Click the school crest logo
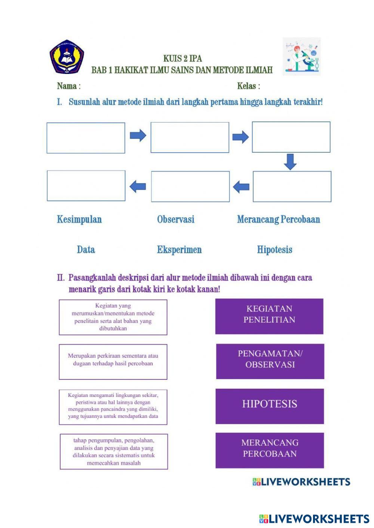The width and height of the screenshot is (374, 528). click(x=67, y=57)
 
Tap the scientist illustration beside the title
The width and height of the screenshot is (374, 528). click(x=301, y=56)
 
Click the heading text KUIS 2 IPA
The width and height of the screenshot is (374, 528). click(x=183, y=59)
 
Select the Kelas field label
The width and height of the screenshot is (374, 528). click(x=248, y=86)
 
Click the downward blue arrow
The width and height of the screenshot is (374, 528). click(x=290, y=161)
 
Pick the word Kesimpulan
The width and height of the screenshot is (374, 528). click(x=79, y=219)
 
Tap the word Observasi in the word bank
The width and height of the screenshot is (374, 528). click(x=176, y=219)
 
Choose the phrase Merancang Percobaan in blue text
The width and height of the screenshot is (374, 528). click(x=279, y=219)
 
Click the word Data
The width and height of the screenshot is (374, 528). click(x=86, y=249)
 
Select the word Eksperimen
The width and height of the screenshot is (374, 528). click(x=179, y=249)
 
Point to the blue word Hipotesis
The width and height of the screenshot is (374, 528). click(x=275, y=249)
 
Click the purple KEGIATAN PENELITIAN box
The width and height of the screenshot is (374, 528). click(x=269, y=316)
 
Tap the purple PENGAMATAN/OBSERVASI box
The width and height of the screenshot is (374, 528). click(x=270, y=361)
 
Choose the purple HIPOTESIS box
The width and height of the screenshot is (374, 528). click(x=270, y=406)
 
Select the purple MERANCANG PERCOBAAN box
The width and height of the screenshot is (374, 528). click(x=270, y=450)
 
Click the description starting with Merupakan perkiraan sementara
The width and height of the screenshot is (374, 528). click(x=113, y=361)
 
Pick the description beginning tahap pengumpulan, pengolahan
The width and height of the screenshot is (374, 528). click(x=114, y=451)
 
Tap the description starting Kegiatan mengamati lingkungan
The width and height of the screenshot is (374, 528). click(x=113, y=407)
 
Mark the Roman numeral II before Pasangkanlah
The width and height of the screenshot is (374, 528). click(x=61, y=278)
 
